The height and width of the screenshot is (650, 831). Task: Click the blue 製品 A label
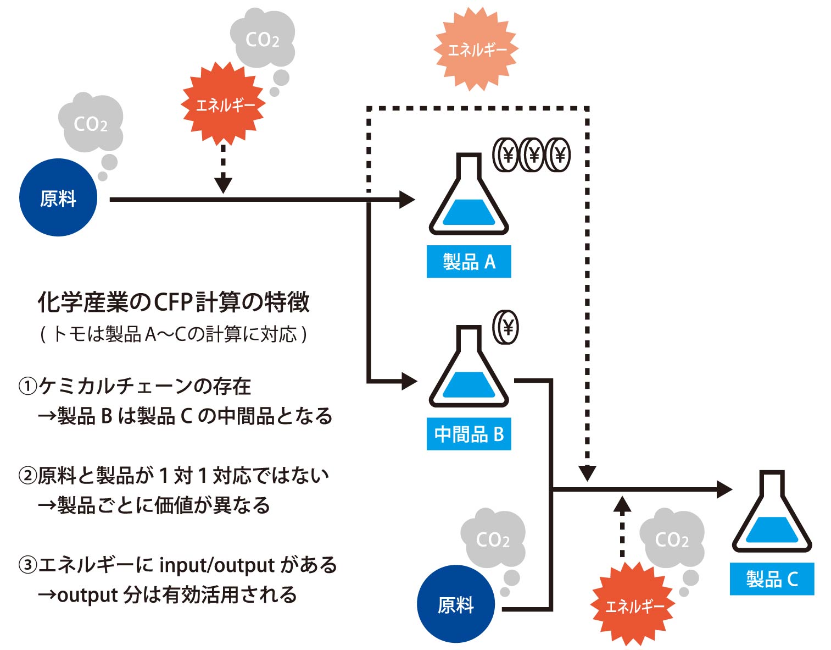pyautogui.click(x=469, y=262)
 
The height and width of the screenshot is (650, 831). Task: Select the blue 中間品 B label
pyautogui.click(x=469, y=434)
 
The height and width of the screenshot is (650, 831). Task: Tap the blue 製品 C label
pyautogui.click(x=772, y=579)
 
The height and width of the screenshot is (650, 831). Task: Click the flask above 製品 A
pyautogui.click(x=469, y=198)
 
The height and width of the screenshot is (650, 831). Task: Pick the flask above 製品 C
pyautogui.click(x=772, y=515)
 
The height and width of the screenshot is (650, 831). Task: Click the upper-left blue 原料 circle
pyautogui.click(x=58, y=198)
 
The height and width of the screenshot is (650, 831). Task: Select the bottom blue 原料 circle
pyautogui.click(x=456, y=604)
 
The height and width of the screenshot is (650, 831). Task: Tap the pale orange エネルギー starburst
pyautogui.click(x=476, y=49)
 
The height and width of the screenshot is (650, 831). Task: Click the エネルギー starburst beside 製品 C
pyautogui.click(x=633, y=605)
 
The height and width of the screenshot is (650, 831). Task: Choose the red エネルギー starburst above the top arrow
pyautogui.click(x=224, y=104)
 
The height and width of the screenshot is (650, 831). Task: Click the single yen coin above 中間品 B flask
pyautogui.click(x=506, y=328)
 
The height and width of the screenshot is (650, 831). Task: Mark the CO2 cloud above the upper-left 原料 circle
pyautogui.click(x=91, y=123)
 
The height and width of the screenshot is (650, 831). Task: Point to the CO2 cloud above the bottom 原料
pyautogui.click(x=493, y=539)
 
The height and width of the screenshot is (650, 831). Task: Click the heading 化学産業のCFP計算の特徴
pyautogui.click(x=174, y=302)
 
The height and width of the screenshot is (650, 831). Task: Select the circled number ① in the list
pyautogui.click(x=27, y=387)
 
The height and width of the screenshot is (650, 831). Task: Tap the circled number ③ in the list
pyautogui.click(x=27, y=565)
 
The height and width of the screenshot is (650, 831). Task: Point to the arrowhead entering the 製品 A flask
pyautogui.click(x=406, y=199)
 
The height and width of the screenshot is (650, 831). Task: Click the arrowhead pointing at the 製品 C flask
pyautogui.click(x=724, y=489)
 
